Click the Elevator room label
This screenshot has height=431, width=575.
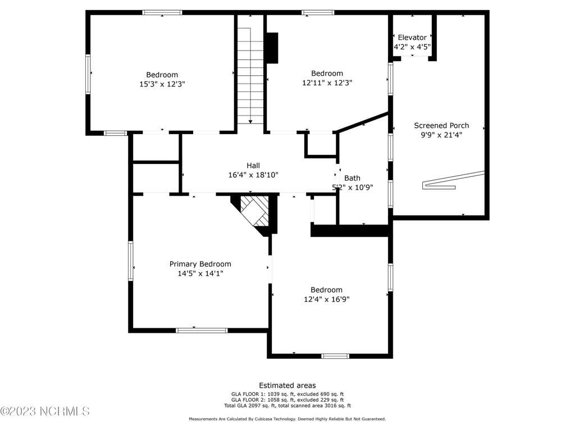coord(412,38)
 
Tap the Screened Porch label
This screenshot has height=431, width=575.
coord(441,125)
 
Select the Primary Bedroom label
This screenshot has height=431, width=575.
coord(200,264)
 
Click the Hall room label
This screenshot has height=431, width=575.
coord(253,166)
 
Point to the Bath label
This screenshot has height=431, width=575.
coord(352,178)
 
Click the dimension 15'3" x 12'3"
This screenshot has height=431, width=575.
coord(162,84)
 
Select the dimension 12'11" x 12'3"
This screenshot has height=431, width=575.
coord(327,83)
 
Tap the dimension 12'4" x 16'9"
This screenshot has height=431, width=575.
coord(326,299)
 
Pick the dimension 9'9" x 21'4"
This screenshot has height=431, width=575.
coord(441,135)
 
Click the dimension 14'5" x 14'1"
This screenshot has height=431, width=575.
coord(200,273)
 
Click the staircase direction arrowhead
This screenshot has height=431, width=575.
coord(250,122)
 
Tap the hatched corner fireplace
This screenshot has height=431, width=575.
coord(254,212)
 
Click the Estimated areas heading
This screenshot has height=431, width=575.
coord(287,386)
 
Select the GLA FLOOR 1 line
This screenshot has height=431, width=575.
coord(287,395)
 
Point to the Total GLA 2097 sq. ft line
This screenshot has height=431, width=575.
coord(287,406)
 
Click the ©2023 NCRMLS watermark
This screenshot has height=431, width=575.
coord(45,411)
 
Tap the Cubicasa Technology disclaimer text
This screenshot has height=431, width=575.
coord(287,419)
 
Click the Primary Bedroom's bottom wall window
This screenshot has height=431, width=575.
coord(202,331)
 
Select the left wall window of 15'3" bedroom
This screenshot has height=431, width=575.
coord(88,74)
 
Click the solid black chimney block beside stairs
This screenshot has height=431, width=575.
coord(272,48)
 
